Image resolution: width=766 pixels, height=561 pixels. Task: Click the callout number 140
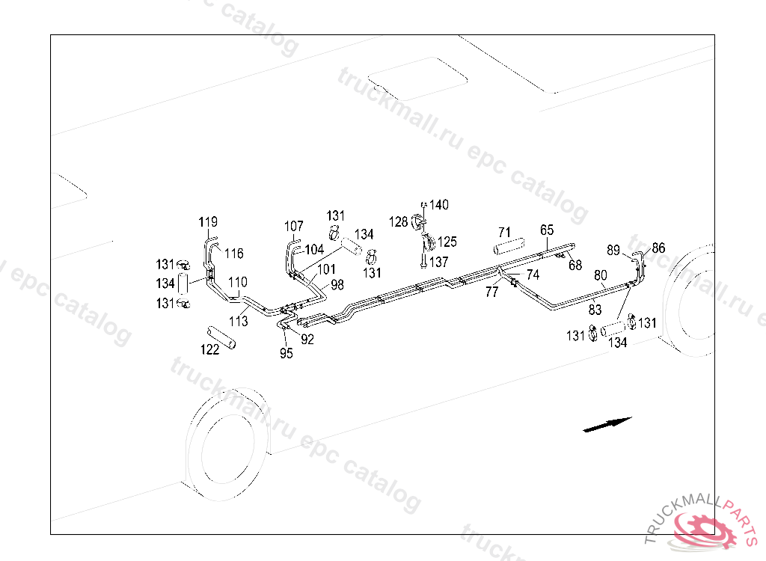coord(439,205)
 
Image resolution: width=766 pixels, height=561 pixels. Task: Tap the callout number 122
coord(209,350)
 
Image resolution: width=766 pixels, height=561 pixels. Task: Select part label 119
coord(208,222)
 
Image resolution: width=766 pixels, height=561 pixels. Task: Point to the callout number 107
coord(294,226)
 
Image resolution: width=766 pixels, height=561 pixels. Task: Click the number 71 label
coord(504,233)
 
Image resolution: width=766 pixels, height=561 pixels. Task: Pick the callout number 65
coord(547,230)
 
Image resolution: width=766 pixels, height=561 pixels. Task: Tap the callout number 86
coord(658,248)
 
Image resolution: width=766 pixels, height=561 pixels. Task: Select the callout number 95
coord(287,354)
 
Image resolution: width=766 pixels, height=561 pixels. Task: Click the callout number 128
coord(398,221)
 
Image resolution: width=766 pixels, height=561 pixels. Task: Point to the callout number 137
coord(438,263)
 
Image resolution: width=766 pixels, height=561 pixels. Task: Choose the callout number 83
coord(595,308)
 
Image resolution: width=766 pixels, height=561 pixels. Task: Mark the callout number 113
coord(238,322)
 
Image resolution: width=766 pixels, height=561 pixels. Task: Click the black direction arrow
coord(607,424)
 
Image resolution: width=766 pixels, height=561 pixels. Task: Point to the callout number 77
coord(491,292)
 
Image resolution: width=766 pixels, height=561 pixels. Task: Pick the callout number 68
coord(574,265)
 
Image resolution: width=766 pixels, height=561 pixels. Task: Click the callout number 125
coord(447,242)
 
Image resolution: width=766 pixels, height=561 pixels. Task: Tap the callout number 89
coord(613,250)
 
